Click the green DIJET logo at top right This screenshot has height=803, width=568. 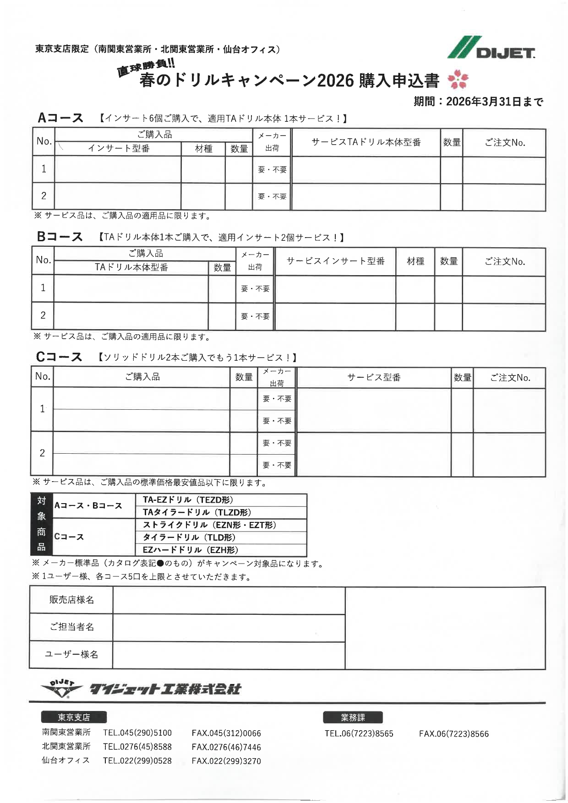(491, 48)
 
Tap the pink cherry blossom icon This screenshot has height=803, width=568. (458, 80)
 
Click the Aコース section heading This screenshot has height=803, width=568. (60, 118)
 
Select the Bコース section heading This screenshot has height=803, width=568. (60, 237)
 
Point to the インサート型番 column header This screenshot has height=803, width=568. (119, 148)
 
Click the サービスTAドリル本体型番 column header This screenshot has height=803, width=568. (366, 142)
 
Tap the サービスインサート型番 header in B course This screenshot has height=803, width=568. (335, 261)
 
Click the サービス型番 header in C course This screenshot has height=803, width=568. (374, 377)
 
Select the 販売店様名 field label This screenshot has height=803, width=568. (71, 600)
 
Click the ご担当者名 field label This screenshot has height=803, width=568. (71, 627)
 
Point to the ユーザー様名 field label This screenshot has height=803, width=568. (71, 654)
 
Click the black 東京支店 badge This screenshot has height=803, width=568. (74, 717)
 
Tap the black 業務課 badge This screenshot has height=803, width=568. (353, 717)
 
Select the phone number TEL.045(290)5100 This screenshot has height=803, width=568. (137, 733)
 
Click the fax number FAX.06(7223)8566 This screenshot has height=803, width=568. (453, 734)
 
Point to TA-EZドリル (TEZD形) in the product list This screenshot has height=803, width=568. (188, 500)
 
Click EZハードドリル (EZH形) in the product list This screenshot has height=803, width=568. (190, 550)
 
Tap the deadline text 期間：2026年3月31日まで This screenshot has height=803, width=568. (478, 101)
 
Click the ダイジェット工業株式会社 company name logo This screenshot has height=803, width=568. (165, 689)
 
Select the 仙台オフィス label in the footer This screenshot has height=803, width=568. (66, 760)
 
